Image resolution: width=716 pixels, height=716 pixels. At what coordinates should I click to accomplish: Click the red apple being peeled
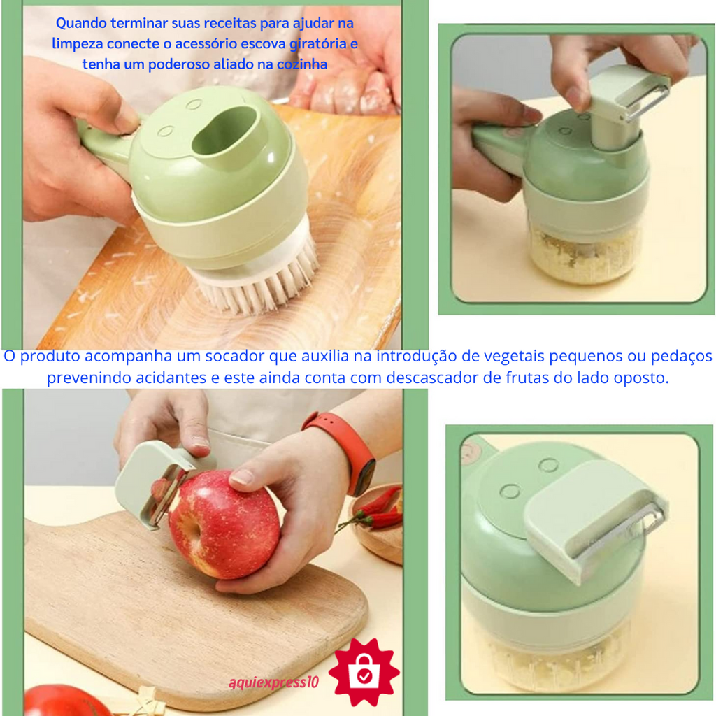224,524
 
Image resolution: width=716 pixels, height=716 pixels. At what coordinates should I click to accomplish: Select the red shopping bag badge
364,672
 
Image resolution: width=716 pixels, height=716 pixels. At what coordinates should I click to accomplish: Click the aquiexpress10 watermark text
273,682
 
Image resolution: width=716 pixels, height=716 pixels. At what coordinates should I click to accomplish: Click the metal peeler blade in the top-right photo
647,103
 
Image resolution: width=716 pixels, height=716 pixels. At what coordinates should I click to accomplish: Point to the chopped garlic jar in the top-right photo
585,250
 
